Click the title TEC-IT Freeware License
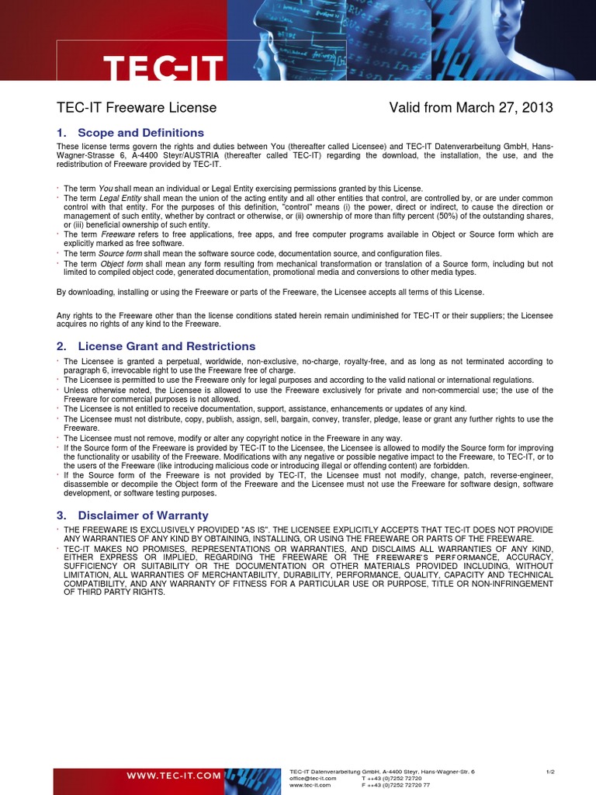pos(137,108)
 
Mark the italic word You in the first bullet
pos(106,189)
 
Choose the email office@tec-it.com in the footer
pos(313,778)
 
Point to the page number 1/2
pos(550,771)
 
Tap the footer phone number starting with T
pos(391,778)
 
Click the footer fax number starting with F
pos(396,785)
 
